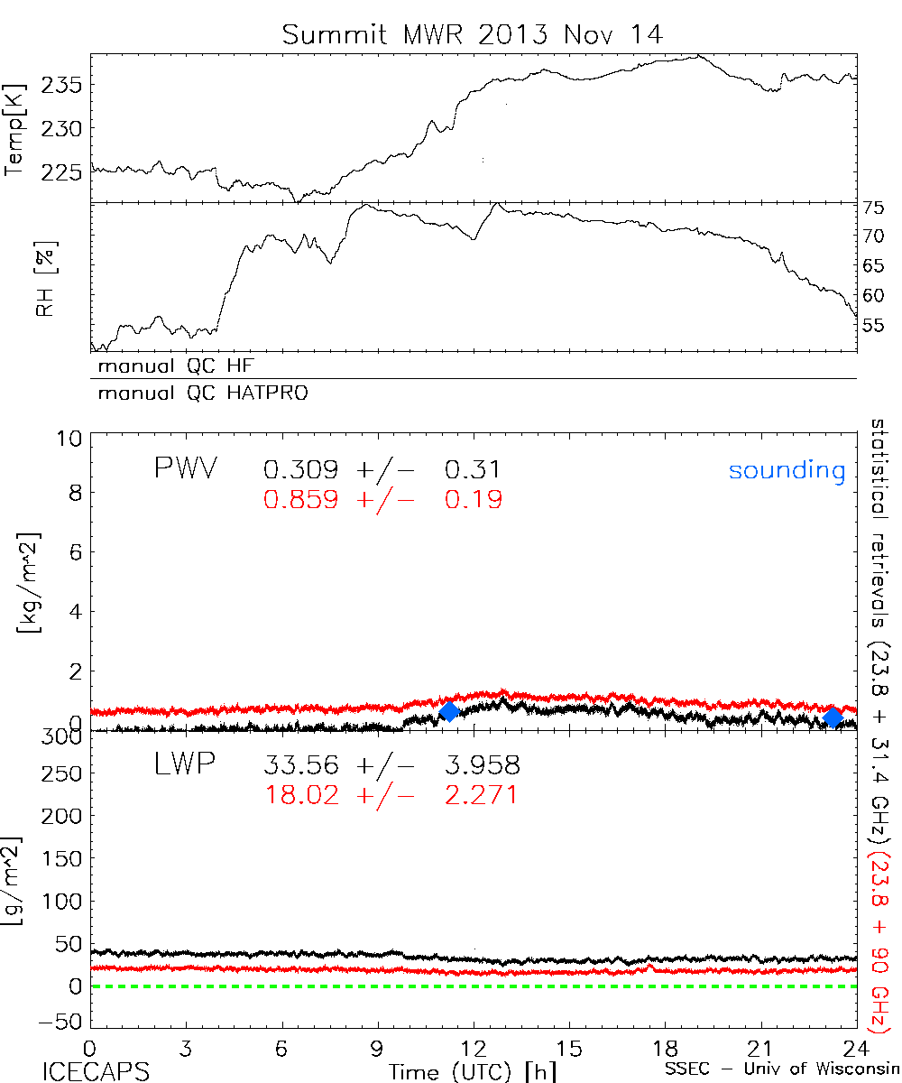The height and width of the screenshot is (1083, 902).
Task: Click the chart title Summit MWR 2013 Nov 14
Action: coord(473,34)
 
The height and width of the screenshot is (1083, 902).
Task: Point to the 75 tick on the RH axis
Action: coord(873,207)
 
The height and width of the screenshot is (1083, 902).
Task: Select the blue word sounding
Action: coord(787,470)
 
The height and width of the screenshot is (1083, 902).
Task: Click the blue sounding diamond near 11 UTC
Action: coord(448,711)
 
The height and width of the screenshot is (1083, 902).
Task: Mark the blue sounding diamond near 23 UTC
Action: coord(833,717)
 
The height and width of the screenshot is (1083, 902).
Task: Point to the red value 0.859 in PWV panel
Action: coord(301,499)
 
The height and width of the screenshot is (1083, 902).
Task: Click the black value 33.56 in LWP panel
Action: coord(301,766)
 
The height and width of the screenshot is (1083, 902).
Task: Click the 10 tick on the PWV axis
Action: coord(72,439)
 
